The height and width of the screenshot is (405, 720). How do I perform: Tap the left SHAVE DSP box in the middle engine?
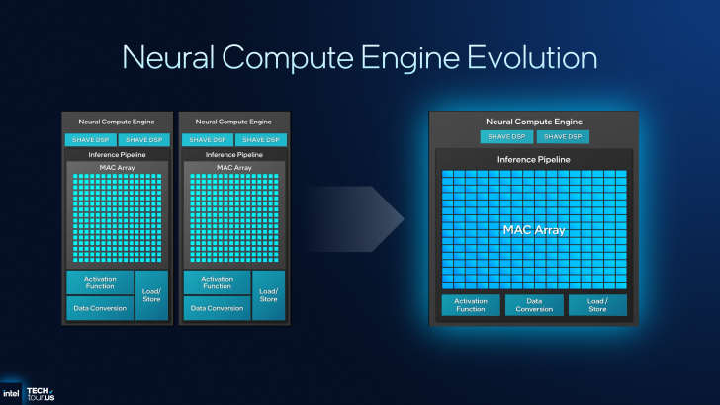point(205,139)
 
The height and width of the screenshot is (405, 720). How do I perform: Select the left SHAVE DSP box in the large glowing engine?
point(506,136)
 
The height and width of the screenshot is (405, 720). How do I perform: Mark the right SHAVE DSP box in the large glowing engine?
point(563,136)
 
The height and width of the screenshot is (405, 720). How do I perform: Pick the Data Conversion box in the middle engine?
point(216,308)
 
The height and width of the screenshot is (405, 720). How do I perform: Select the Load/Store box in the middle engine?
point(267,294)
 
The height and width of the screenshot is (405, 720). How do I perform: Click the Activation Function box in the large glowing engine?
point(471,305)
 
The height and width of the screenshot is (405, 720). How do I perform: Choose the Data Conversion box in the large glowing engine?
point(534,305)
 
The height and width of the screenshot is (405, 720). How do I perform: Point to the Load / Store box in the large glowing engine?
point(597,305)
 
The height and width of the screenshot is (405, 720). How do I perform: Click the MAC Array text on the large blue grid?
point(534,229)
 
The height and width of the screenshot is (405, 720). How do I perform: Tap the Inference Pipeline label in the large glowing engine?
point(534,159)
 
